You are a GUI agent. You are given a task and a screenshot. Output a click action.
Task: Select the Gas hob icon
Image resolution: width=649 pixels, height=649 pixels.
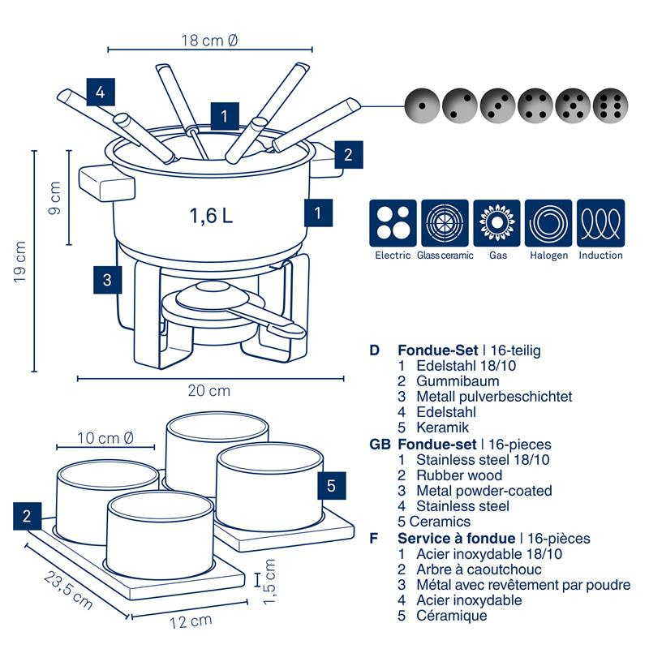point(497,223)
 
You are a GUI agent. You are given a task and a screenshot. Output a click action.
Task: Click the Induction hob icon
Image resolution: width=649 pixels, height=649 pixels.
point(600,223)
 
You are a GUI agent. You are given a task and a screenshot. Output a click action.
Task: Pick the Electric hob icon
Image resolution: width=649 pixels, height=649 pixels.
point(393,223)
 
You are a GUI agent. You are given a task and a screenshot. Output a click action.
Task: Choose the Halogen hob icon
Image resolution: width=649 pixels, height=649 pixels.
point(548,223)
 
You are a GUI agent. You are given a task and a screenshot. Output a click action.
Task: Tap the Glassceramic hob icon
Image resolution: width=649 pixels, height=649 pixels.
point(445,223)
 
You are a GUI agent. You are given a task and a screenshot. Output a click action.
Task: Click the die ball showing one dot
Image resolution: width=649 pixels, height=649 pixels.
point(420,105)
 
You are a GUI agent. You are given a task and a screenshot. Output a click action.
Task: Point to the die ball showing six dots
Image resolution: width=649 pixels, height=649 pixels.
point(611,105)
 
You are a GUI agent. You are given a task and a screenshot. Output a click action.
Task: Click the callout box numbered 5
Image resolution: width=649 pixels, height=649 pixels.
point(331,486)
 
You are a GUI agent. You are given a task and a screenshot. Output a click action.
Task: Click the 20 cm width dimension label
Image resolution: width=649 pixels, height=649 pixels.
point(209,391)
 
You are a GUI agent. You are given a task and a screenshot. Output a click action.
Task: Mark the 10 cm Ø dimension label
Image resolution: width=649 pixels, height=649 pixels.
point(105,438)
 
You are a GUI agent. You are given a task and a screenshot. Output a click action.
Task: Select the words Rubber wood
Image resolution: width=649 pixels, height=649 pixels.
point(459,475)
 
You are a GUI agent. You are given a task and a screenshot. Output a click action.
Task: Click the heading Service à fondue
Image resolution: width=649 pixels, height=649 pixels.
point(456,538)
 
